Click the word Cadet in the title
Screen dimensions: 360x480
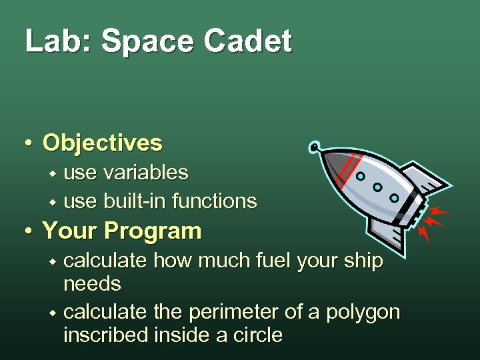tap(248, 41)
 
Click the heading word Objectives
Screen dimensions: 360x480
tap(102, 143)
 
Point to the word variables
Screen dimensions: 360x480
tap(146, 173)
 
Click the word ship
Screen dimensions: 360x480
tap(364, 261)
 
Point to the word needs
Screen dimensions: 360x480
tap(92, 285)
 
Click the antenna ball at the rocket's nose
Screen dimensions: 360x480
tap(313, 146)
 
